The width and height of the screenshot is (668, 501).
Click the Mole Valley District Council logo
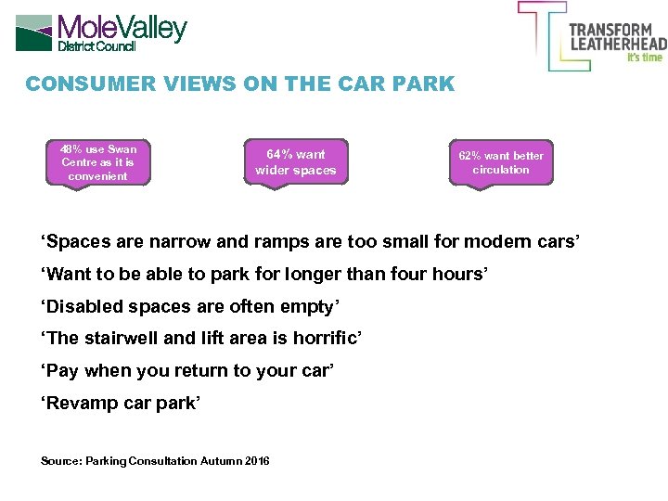(x=102, y=32)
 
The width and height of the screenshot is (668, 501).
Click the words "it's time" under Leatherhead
(x=645, y=58)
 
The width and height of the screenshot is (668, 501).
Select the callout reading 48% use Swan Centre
(x=97, y=162)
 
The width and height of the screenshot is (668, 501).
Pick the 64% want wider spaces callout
(x=295, y=162)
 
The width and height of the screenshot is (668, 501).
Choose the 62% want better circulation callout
(x=501, y=163)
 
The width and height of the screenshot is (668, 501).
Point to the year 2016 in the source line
(x=257, y=461)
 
